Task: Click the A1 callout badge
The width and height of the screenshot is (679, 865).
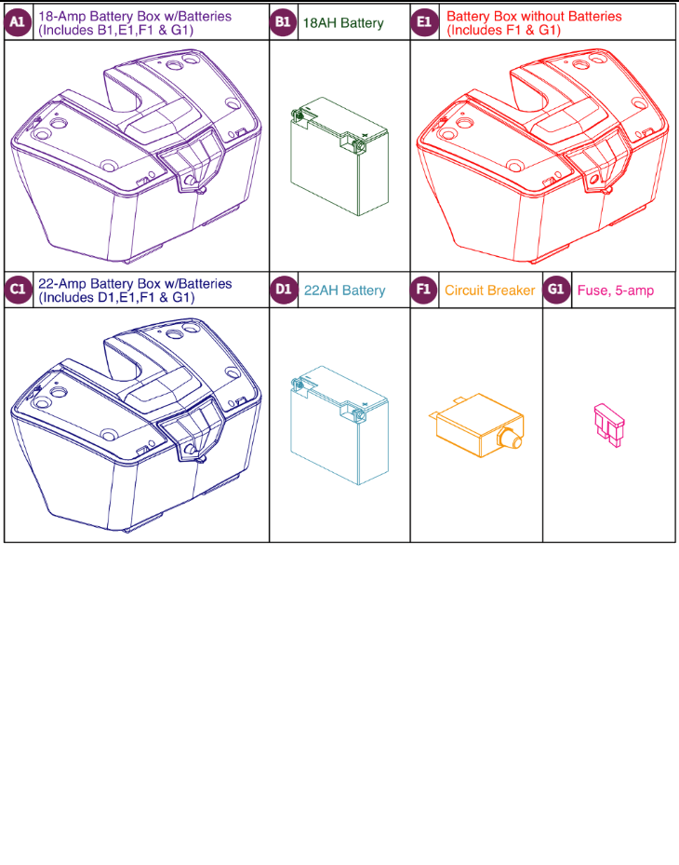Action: (19, 23)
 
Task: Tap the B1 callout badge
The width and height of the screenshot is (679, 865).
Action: (284, 23)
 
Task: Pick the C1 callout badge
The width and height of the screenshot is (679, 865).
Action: (19, 291)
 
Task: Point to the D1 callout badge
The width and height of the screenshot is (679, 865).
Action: (284, 291)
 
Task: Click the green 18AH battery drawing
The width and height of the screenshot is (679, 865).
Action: (339, 157)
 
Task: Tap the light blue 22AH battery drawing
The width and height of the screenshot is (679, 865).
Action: (339, 425)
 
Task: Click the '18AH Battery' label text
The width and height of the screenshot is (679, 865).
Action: (343, 23)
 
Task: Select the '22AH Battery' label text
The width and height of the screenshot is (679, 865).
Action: (344, 291)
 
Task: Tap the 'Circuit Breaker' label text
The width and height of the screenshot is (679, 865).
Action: (489, 291)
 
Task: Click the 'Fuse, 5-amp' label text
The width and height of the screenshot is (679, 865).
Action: (615, 291)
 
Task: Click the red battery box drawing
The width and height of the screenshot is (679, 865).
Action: (544, 158)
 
